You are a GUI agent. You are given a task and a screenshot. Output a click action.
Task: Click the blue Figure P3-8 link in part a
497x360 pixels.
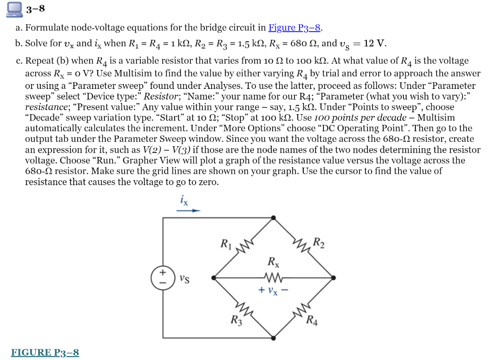click(x=295, y=28)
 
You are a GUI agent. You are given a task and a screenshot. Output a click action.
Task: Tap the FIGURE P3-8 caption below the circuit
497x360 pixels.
click(x=45, y=353)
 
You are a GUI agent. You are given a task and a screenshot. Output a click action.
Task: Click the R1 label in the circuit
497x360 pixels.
click(x=226, y=243)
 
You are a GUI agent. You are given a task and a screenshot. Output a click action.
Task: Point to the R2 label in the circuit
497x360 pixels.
click(x=318, y=242)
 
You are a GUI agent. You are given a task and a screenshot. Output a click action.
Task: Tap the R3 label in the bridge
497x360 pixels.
click(x=235, y=320)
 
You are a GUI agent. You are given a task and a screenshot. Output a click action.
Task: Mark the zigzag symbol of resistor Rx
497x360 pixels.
click(x=273, y=278)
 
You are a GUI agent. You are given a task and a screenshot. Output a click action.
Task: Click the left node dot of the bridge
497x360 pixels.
click(x=214, y=278)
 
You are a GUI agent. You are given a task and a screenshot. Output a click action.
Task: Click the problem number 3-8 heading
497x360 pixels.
click(x=35, y=9)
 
